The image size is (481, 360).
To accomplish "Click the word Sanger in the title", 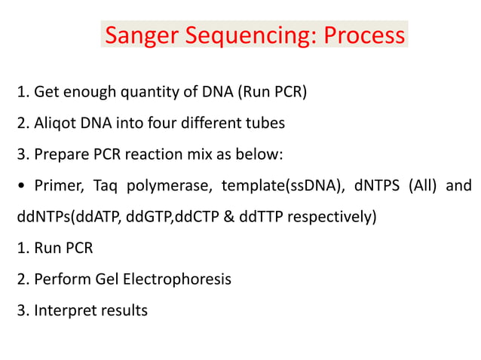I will pos(141,35).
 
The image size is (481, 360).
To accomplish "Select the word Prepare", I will pos(62,154).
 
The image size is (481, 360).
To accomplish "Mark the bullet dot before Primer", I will pos(21,186).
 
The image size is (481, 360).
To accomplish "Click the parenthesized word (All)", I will pos(423,186).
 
